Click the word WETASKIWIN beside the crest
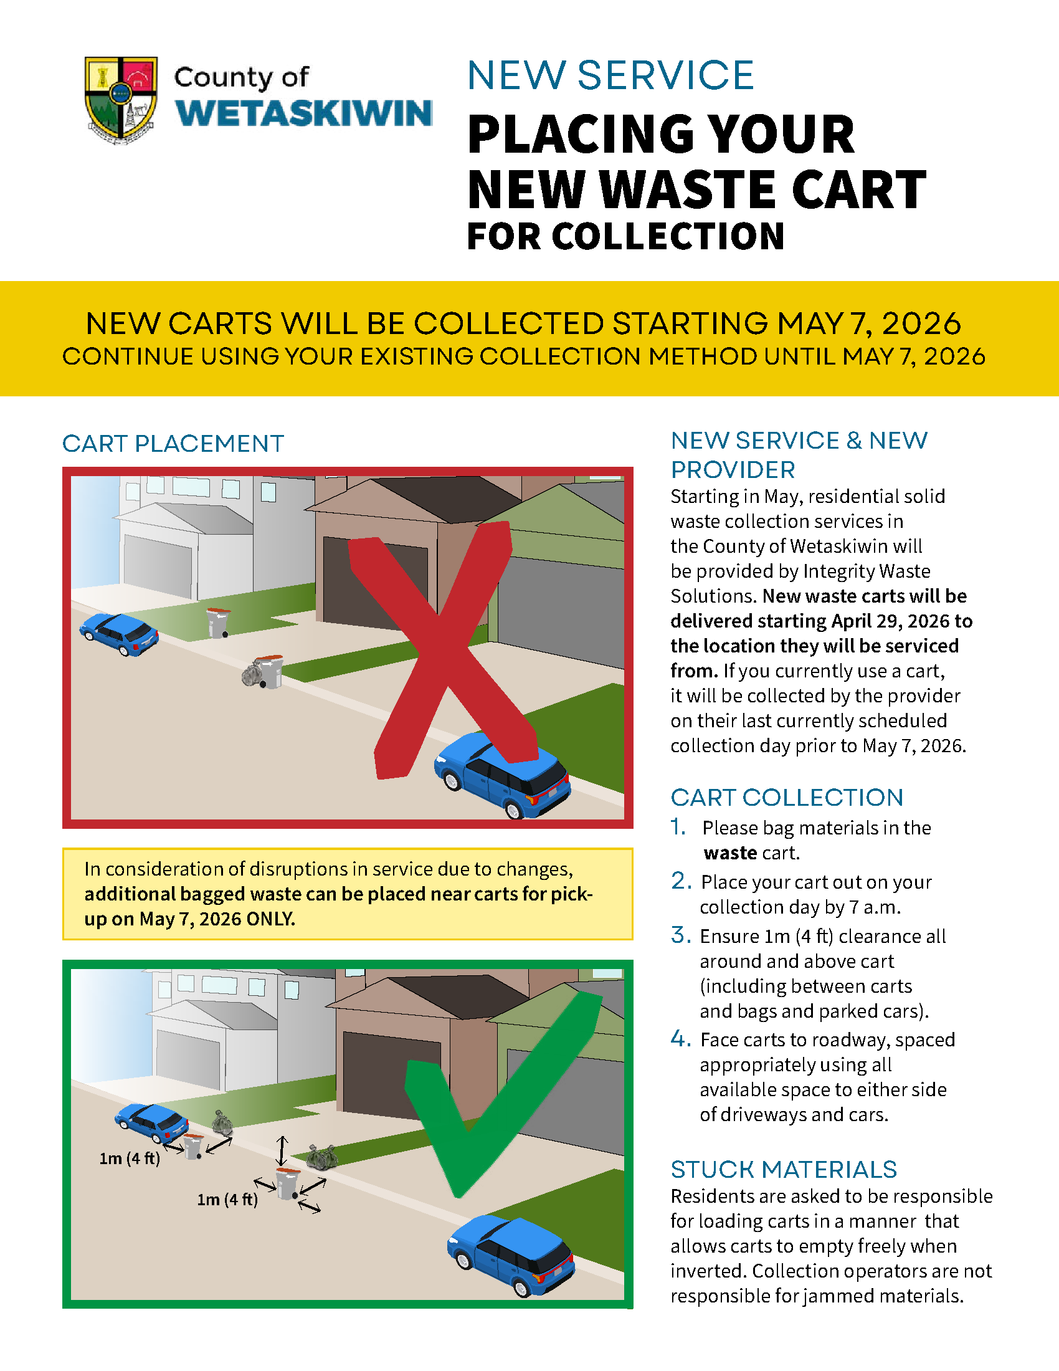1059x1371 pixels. click(x=303, y=113)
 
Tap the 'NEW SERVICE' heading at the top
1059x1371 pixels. click(x=610, y=75)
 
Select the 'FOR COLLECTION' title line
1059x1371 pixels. click(x=625, y=237)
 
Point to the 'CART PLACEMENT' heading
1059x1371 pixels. click(x=173, y=444)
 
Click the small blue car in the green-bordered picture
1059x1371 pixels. click(x=152, y=1122)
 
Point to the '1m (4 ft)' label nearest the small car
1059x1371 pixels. click(x=129, y=1158)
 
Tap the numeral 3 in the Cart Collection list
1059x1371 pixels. click(x=680, y=935)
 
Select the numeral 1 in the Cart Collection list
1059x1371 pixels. click(x=678, y=828)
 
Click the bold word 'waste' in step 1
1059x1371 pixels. click(x=730, y=853)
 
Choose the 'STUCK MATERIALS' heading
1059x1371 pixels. click(x=784, y=1170)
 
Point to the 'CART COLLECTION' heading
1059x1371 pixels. click(x=787, y=797)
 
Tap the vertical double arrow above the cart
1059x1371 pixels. click(x=282, y=1150)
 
